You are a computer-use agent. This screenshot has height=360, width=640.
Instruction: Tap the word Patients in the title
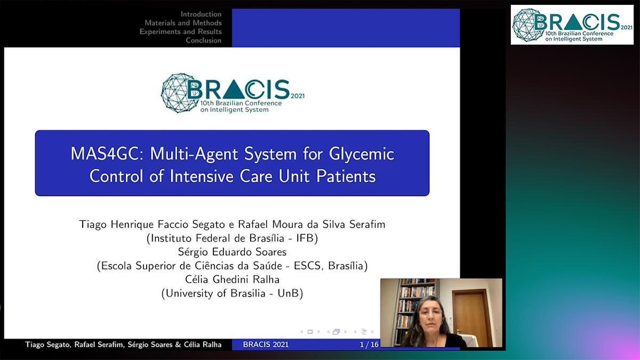coord(346,177)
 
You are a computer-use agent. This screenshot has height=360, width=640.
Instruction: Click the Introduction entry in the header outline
coord(201,14)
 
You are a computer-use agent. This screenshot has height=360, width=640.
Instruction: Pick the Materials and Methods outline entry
coord(183,23)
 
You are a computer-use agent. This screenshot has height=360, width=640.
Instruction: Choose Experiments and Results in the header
coord(181,31)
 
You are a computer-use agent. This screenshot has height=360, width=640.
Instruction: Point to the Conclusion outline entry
coord(204,41)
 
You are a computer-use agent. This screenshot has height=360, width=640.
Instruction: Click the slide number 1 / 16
coord(369,345)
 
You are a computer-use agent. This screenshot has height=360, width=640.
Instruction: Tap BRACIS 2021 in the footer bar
coord(266,345)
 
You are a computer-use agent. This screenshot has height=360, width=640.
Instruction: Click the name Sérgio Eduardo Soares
coord(232,252)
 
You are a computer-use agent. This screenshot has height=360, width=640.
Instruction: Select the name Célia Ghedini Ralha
coord(232,279)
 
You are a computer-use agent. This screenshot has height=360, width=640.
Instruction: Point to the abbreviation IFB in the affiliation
coord(305,238)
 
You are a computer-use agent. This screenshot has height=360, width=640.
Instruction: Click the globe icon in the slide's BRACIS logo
coord(179,93)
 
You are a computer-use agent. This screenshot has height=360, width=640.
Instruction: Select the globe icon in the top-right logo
coord(528,25)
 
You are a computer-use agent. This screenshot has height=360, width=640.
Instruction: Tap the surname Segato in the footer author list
coord(59,345)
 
